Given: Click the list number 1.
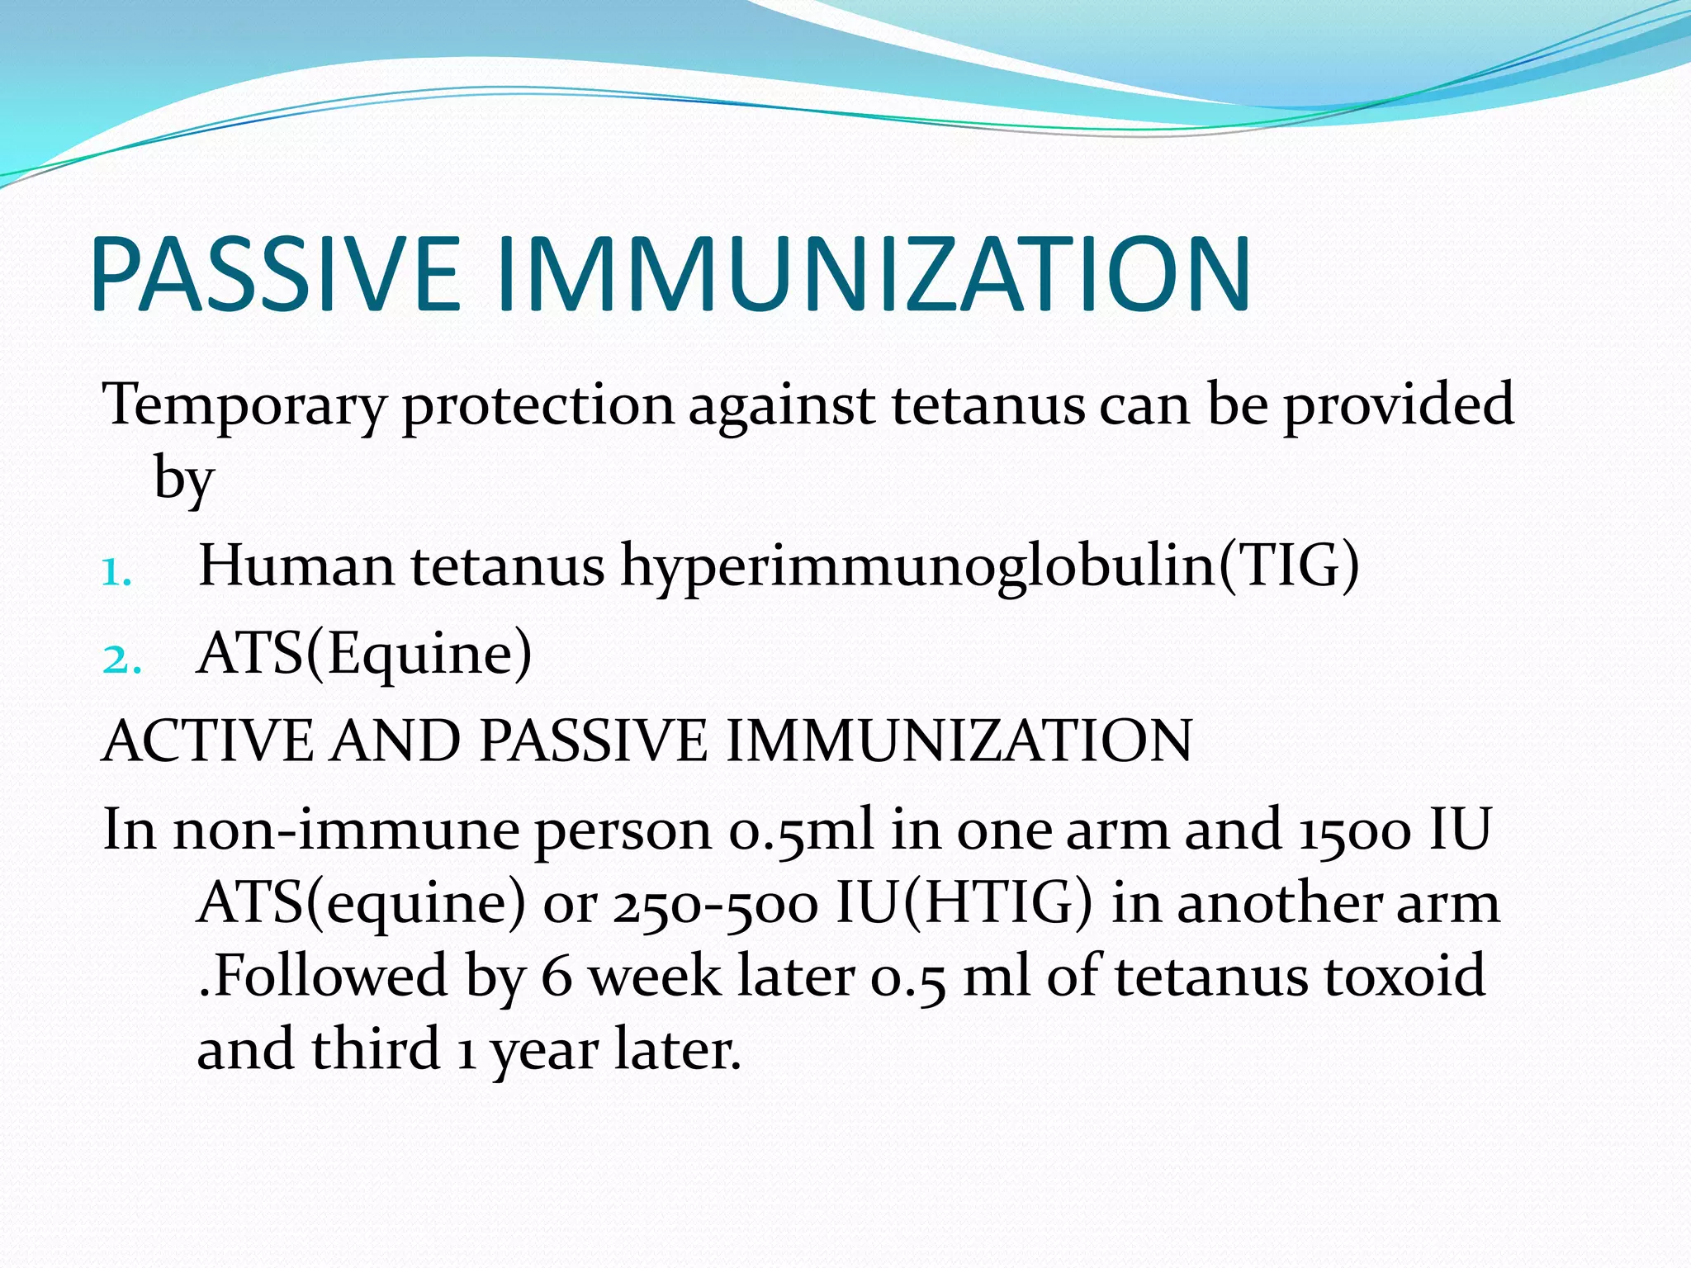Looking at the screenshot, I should click(116, 572).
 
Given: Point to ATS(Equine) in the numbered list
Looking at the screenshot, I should click(364, 655).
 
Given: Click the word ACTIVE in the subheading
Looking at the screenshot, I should click(207, 740).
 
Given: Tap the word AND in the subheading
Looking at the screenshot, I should click(395, 740).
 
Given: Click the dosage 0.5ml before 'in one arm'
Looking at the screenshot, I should click(799, 830).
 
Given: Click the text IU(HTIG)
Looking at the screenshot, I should click(964, 904).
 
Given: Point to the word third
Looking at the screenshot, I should click(376, 1049).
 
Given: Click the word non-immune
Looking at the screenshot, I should click(345, 830).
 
